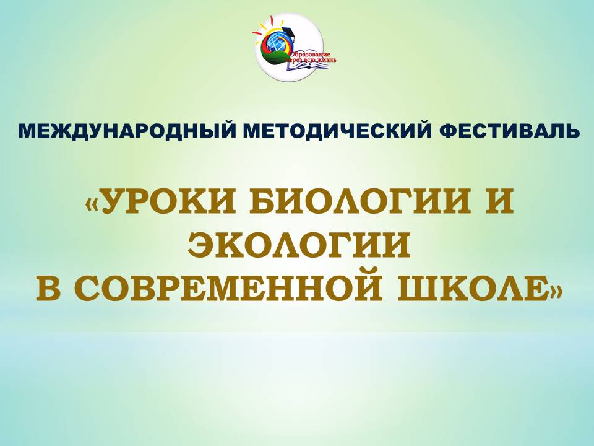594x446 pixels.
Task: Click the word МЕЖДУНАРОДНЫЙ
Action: click(126, 131)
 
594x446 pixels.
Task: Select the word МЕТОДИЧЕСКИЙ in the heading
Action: click(337, 131)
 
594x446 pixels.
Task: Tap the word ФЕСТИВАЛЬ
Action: click(509, 131)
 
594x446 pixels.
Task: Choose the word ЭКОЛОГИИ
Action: click(299, 245)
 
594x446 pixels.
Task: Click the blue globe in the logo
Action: click(277, 42)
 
